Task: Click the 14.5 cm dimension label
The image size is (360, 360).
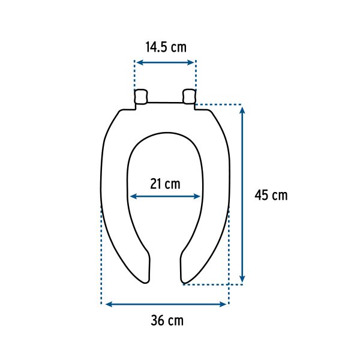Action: [x=165, y=47]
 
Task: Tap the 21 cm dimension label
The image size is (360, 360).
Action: [x=165, y=184]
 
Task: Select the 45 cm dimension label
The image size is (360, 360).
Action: [x=271, y=195]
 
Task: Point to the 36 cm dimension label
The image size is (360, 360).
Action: [x=167, y=320]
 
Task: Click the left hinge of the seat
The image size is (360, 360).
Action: [x=141, y=96]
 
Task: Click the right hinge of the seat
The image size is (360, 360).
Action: [x=189, y=96]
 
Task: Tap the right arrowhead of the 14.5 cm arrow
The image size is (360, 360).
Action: [x=193, y=62]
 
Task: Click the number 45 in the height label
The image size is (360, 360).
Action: [x=262, y=195]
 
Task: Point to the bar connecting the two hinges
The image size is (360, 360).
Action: [x=165, y=103]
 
